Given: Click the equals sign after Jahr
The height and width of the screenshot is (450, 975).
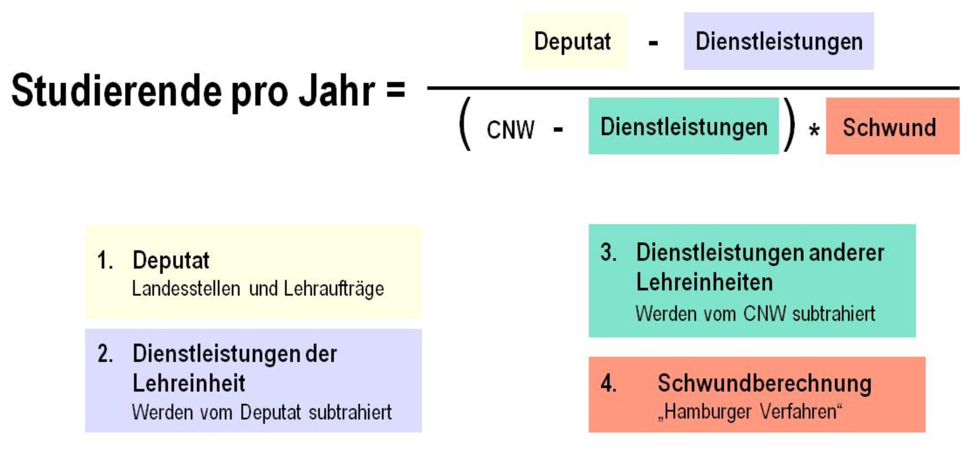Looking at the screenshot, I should coord(396,89).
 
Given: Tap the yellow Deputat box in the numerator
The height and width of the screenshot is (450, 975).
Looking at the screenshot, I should coord(574,41).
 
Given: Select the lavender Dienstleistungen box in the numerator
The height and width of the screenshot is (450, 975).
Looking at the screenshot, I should coord(778,41).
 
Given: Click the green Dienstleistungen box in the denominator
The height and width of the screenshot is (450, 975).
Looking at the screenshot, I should coord(684,126).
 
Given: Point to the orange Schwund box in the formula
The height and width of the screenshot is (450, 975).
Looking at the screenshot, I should coord(892,126).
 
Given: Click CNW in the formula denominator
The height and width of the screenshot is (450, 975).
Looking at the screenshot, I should coord(510,130).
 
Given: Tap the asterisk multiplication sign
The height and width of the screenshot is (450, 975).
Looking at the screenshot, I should coord(814,131).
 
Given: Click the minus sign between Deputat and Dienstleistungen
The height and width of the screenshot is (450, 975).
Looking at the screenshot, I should coord(654,43).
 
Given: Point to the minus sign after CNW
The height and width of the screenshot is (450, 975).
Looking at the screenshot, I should coord(558,130).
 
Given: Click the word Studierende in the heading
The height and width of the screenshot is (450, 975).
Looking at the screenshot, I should coord(117,91).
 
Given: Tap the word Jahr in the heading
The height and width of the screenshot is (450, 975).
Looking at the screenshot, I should coord(336,91).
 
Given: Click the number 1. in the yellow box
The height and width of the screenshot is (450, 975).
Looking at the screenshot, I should coord(105,261).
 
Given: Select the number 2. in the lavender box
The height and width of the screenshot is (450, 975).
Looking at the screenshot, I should coord(105,354).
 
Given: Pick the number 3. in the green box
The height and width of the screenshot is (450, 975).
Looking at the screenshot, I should coord(608,253).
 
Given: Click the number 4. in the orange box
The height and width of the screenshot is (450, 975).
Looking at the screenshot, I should coord(608,383).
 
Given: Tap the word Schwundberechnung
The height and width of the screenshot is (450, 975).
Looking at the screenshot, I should coord(764,383).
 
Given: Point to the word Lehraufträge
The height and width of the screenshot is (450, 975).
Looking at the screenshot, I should coord(334,289).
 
